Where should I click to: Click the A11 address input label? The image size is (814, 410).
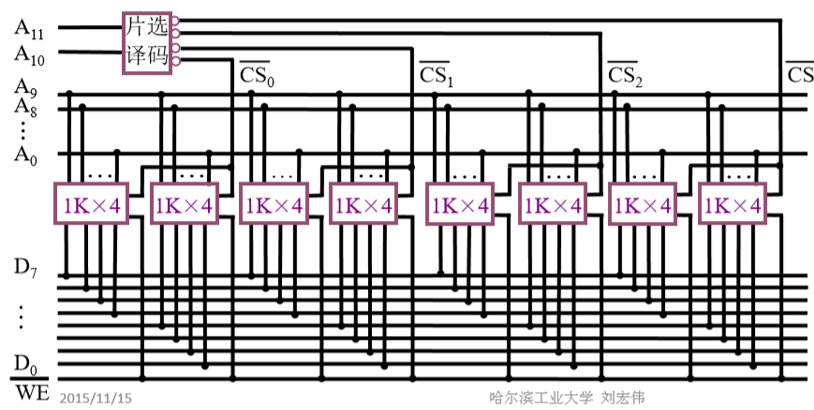click(x=29, y=28)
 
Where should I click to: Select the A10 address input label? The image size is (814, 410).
click(x=29, y=54)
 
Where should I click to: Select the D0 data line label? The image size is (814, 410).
click(x=25, y=364)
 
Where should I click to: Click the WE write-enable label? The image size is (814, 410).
click(x=31, y=391)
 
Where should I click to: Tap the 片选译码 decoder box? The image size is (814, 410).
click(x=147, y=43)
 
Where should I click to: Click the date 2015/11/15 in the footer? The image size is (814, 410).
click(x=96, y=398)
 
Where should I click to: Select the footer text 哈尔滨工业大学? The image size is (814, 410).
click(x=540, y=398)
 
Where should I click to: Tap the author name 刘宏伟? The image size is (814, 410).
click(x=623, y=398)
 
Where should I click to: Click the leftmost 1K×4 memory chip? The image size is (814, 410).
click(x=92, y=203)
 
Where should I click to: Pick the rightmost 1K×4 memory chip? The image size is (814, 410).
click(x=732, y=203)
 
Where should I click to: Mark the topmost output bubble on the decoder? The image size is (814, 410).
click(x=175, y=21)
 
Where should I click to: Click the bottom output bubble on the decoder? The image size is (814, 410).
click(x=175, y=62)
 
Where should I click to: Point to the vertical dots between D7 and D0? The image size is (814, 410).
click(x=22, y=317)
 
